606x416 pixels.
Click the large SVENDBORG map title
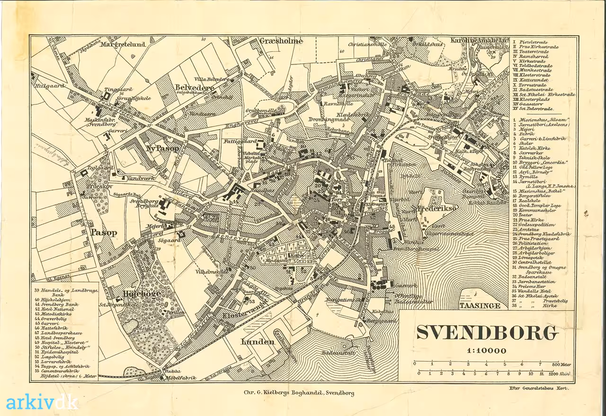click(x=487, y=333)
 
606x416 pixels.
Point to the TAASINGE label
click(x=480, y=306)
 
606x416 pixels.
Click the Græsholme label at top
click(x=281, y=41)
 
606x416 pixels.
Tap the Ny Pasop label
click(x=162, y=148)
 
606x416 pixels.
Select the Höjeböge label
click(x=142, y=293)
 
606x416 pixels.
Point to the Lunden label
click(x=258, y=342)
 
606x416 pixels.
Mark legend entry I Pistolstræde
click(x=532, y=42)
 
